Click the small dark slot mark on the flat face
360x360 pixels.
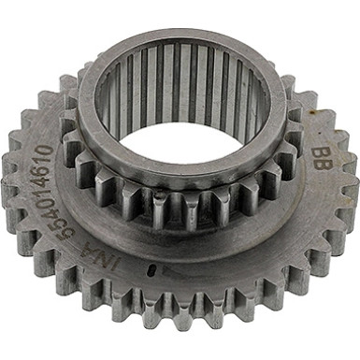click(150, 271)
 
